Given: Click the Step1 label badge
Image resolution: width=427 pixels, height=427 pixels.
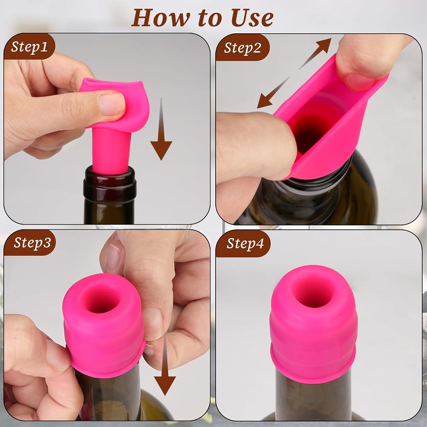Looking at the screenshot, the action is point(29,47).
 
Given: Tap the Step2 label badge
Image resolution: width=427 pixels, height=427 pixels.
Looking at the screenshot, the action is point(243,48).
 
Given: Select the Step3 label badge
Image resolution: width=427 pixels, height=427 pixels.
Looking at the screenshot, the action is point(30,243).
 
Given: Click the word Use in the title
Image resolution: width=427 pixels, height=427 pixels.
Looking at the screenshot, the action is point(252,18).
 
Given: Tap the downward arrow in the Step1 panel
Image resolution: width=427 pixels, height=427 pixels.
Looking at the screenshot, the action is point(161,129).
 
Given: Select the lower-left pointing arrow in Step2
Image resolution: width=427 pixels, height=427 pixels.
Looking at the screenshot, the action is point(273,93).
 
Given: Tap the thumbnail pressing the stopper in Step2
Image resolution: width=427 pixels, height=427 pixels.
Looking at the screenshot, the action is point(360,82).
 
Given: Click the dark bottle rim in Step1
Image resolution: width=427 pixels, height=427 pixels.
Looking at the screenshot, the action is point(110,184).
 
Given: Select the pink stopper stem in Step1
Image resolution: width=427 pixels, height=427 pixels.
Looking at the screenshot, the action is point(111,152).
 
